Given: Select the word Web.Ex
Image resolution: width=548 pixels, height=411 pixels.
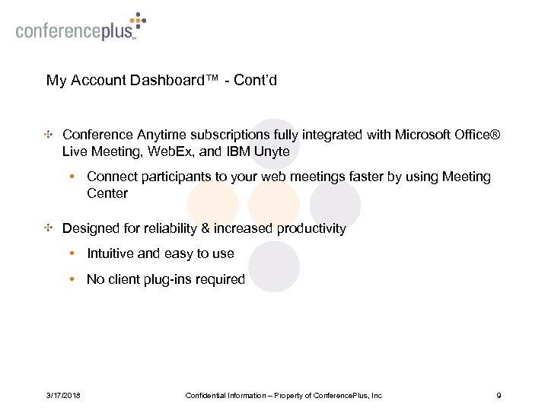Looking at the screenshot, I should [165, 151].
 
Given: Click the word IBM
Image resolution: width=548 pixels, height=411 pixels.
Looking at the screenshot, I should [235, 151].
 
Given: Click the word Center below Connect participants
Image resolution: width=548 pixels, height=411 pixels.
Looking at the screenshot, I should [107, 193].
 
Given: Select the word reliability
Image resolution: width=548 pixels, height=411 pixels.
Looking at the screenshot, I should [171, 228].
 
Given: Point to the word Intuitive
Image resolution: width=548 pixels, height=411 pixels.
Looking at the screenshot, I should [111, 253].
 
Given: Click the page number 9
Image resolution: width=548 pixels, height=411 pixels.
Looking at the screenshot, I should [498, 395].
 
